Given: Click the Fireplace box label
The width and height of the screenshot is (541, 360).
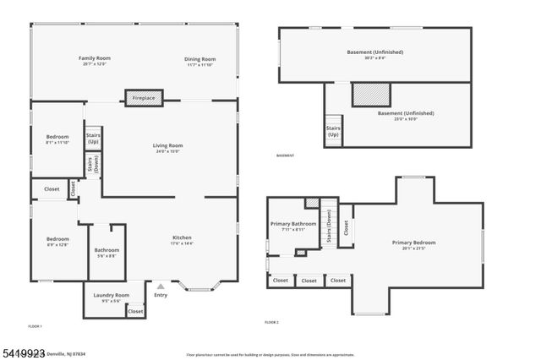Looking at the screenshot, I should pyautogui.click(x=144, y=98).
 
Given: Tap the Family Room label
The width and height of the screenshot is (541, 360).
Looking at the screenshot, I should pyautogui.click(x=95, y=58).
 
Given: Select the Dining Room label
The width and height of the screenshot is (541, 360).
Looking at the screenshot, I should pyautogui.click(x=200, y=59).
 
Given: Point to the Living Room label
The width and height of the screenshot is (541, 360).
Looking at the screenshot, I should pyautogui.click(x=167, y=146).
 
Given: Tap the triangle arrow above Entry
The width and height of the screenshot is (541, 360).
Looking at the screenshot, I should pyautogui.click(x=161, y=286).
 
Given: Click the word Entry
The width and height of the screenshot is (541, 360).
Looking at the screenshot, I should pyautogui.click(x=161, y=295).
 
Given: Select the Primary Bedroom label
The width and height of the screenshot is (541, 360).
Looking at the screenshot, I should pyautogui.click(x=413, y=243).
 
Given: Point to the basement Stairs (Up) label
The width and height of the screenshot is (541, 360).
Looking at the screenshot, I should pyautogui.click(x=333, y=131).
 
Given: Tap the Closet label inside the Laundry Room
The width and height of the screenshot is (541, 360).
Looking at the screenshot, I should pyautogui.click(x=135, y=311).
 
